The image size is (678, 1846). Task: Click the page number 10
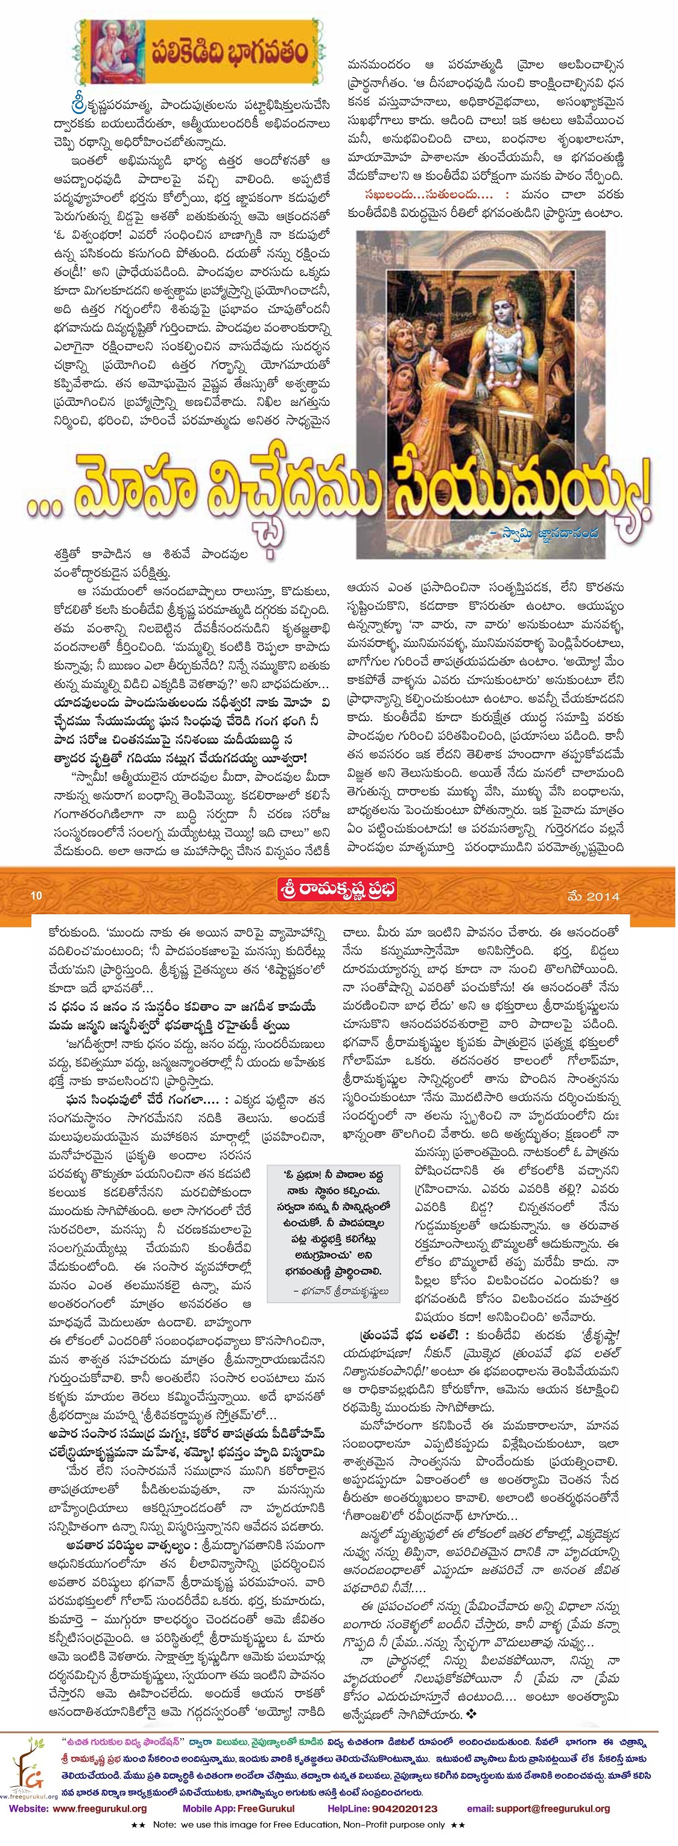pos(37,895)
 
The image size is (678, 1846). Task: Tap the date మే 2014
pos(593,896)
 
